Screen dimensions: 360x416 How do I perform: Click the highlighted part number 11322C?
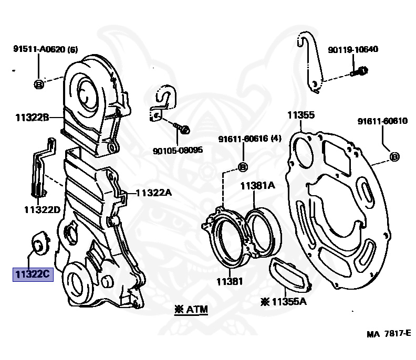click(x=33, y=274)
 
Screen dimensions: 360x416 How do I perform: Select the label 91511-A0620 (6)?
click(x=46, y=50)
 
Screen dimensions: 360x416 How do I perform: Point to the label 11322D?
click(x=41, y=210)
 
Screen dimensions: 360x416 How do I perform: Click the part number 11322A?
click(x=153, y=193)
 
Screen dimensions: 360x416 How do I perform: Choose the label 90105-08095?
click(x=178, y=150)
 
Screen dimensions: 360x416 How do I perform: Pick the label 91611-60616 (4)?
click(x=251, y=139)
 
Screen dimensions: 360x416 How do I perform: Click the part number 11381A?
click(x=258, y=185)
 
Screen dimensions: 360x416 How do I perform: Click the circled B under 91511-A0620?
click(x=39, y=84)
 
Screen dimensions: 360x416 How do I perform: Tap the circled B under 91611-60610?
click(x=394, y=156)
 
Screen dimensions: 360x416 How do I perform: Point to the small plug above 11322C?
click(x=40, y=243)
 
